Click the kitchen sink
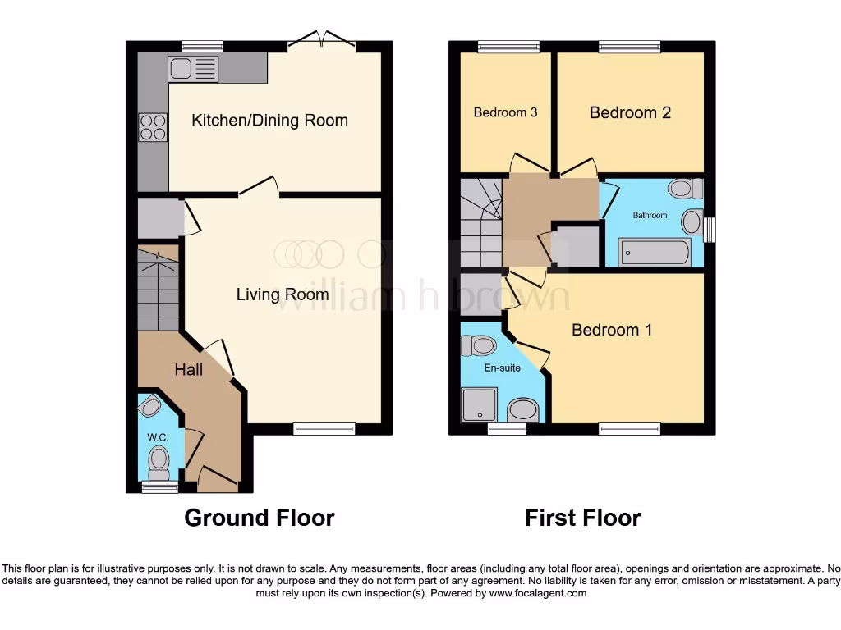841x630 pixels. (x=193, y=69)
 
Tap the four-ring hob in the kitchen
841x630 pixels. (x=153, y=127)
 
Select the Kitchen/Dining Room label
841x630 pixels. (x=269, y=121)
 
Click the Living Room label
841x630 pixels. (x=283, y=294)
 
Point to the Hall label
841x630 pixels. (x=188, y=370)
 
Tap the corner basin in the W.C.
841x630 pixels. (x=149, y=404)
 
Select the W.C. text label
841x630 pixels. (x=158, y=438)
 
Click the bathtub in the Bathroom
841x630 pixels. (x=655, y=252)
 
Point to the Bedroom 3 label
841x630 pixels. (x=505, y=112)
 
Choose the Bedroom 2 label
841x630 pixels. (x=630, y=112)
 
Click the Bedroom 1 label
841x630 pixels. (x=612, y=330)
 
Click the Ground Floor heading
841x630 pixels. (x=259, y=518)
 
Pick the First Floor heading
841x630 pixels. (x=582, y=518)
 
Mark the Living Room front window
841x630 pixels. (x=324, y=428)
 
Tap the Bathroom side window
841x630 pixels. (x=710, y=230)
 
